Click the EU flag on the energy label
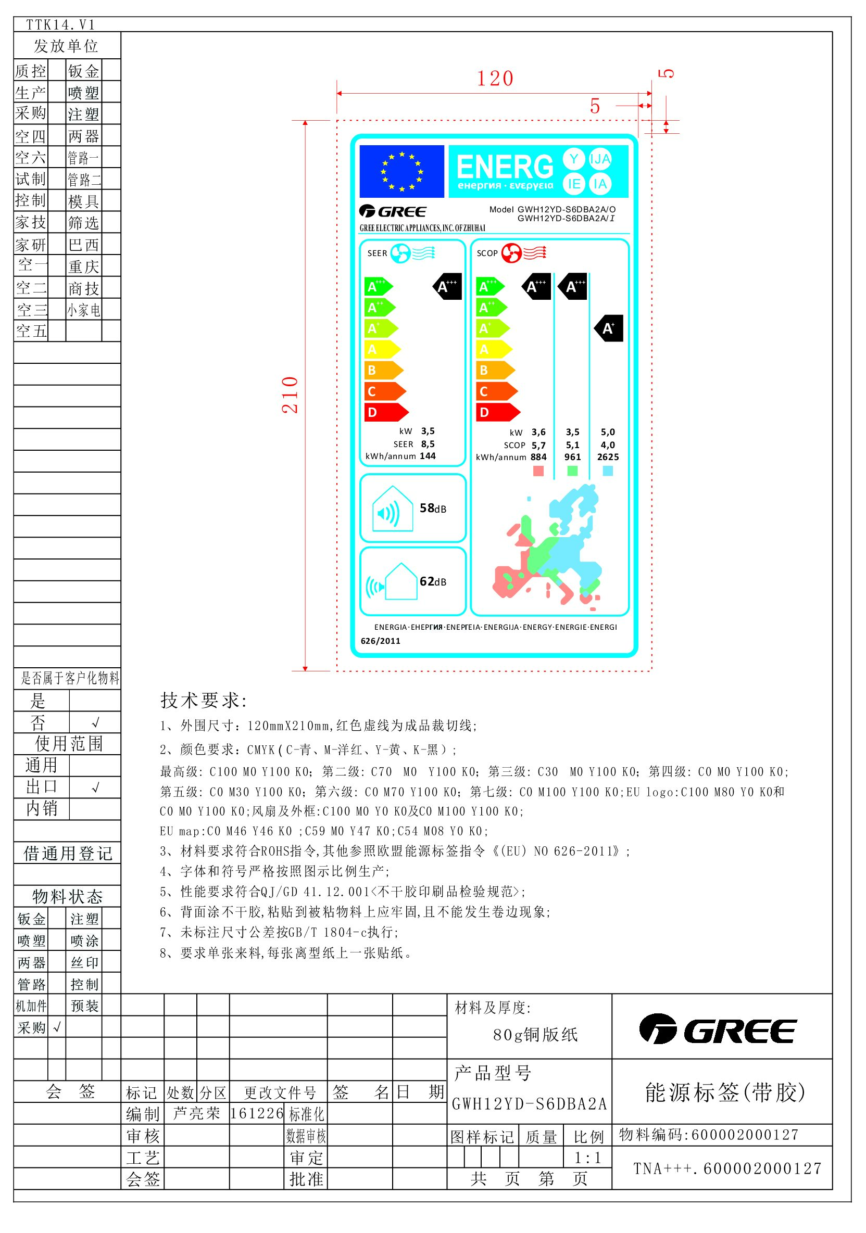pyautogui.click(x=401, y=171)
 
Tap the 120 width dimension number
pyautogui.click(x=495, y=80)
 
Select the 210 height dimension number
pyautogui.click(x=290, y=395)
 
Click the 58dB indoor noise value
pyautogui.click(x=432, y=508)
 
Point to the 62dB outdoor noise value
pyautogui.click(x=432, y=581)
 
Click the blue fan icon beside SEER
pyautogui.click(x=400, y=253)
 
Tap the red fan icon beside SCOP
pyautogui.click(x=511, y=253)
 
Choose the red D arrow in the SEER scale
pyautogui.click(x=385, y=412)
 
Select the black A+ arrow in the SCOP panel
pyautogui.click(x=609, y=328)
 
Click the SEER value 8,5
pyautogui.click(x=428, y=444)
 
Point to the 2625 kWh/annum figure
pyautogui.click(x=608, y=457)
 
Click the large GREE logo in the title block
pyautogui.click(x=718, y=1028)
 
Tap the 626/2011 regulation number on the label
pyautogui.click(x=380, y=641)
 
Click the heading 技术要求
pyautogui.click(x=203, y=700)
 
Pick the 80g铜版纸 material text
pyautogui.click(x=535, y=1034)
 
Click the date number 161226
pyautogui.click(x=256, y=1113)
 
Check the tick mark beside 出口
pyautogui.click(x=95, y=787)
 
